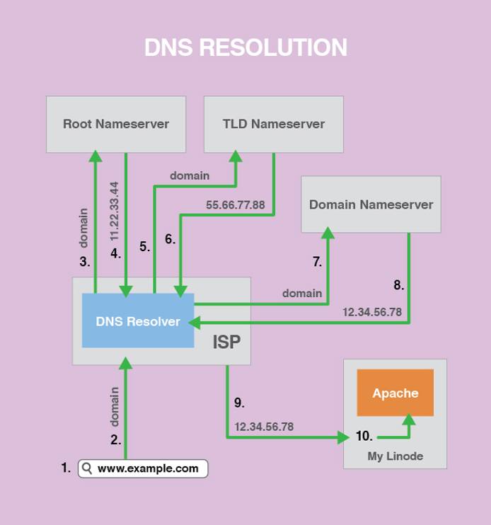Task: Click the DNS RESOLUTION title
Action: tap(245, 47)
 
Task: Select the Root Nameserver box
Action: tap(116, 125)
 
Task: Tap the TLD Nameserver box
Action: tap(274, 125)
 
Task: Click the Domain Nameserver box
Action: tap(371, 204)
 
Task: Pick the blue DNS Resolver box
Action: tap(138, 321)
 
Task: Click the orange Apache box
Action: tap(395, 393)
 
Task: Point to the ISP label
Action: tap(227, 342)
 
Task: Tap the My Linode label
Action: tap(395, 456)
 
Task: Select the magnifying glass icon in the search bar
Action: tap(87, 468)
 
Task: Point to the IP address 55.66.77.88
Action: tap(236, 205)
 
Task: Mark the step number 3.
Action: tap(85, 261)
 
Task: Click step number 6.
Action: tap(170, 239)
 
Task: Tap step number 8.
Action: tap(398, 285)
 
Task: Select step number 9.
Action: tap(239, 403)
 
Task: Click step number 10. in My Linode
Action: tap(364, 437)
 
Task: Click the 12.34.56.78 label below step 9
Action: tap(264, 427)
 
